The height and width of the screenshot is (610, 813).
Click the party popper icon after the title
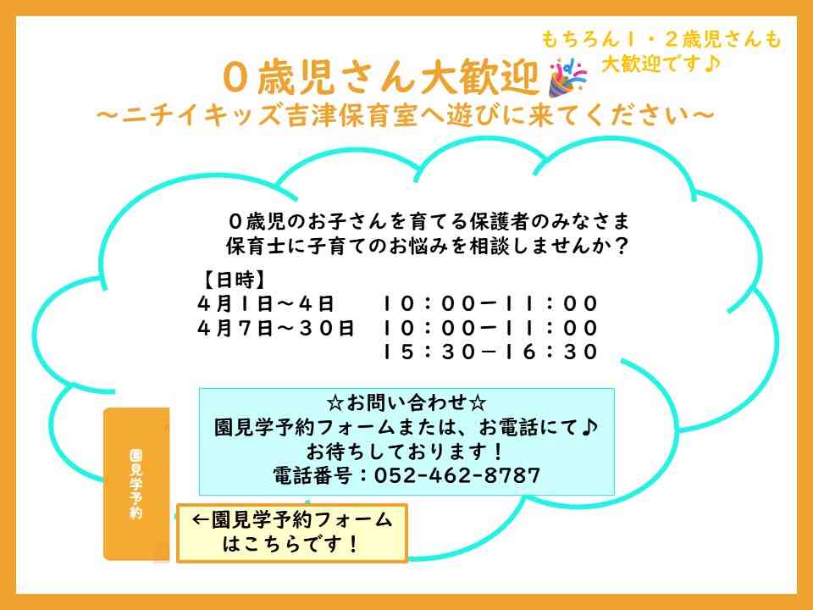click(x=567, y=78)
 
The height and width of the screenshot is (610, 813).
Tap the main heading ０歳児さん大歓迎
click(x=382, y=80)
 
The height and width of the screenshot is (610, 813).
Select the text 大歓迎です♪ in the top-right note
click(x=661, y=64)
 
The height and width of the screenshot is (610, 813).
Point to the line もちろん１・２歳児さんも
click(x=661, y=39)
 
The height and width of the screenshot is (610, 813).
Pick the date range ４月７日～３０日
click(x=276, y=328)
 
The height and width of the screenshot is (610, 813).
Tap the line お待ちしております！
click(x=406, y=451)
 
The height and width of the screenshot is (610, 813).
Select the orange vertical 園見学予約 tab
click(x=135, y=484)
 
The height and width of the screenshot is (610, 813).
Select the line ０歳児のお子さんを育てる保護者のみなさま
click(x=429, y=222)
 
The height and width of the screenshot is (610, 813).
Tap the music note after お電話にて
click(x=590, y=426)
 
